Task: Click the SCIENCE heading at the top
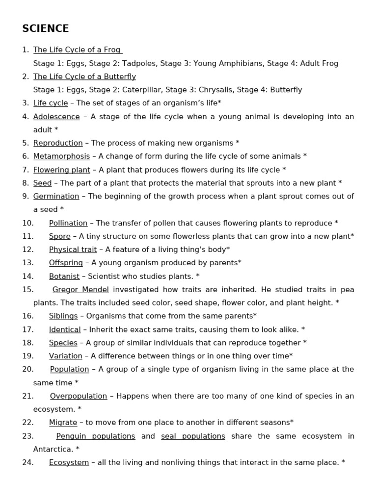[46, 28]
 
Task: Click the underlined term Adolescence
[56, 117]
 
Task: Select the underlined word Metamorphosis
[61, 156]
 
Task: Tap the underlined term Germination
[56, 196]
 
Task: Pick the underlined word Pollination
[68, 223]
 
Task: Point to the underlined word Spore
[59, 236]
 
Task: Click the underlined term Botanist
[64, 276]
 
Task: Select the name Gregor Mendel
[81, 290]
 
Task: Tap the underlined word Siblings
[63, 316]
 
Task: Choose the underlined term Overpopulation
[79, 396]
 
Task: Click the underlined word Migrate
[63, 423]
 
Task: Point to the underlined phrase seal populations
[193, 436]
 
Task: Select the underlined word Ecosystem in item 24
[69, 462]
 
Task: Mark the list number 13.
[28, 263]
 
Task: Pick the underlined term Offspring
[66, 263]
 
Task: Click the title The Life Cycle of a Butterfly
[84, 76]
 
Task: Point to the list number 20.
[28, 369]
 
